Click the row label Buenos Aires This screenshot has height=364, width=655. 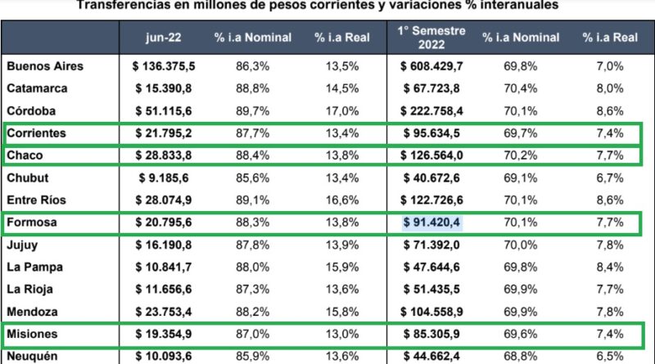[44, 65]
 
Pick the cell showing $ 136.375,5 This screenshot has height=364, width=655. [168, 65]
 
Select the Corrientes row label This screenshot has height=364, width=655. [38, 133]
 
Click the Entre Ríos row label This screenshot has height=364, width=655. [38, 200]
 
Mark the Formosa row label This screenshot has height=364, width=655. [34, 222]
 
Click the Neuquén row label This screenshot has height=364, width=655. [34, 356]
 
